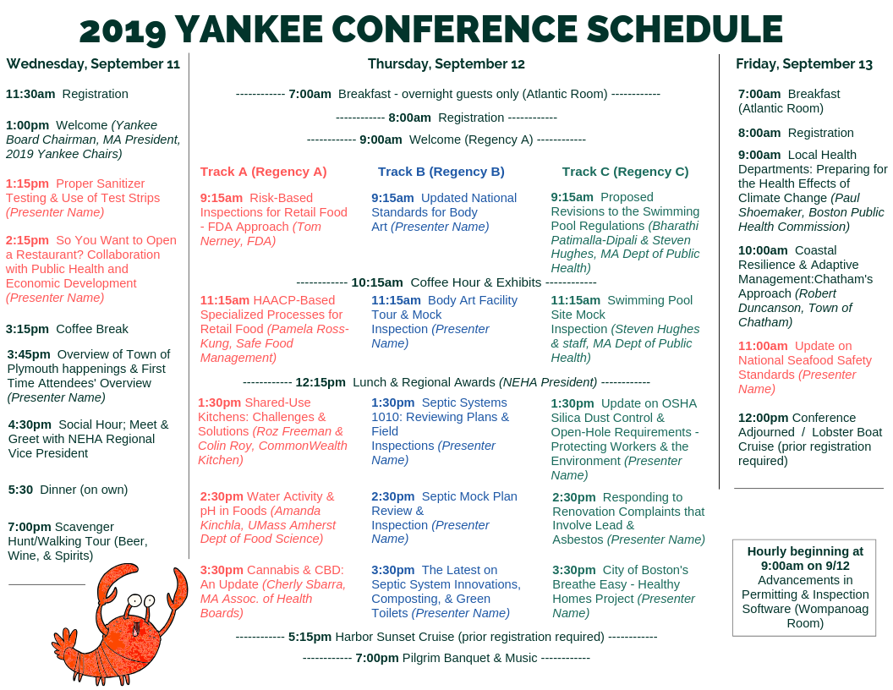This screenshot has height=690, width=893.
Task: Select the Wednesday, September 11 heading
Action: [93, 63]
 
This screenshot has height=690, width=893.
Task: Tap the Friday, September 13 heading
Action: [803, 63]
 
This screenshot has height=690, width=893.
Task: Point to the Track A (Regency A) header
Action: [263, 172]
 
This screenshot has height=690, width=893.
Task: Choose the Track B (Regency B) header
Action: [441, 172]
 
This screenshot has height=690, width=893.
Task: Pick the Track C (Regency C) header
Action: [625, 172]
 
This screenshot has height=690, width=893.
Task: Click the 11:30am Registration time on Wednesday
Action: [30, 94]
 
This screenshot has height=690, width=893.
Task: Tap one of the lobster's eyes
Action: [134, 601]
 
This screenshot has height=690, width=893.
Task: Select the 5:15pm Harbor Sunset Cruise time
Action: [310, 636]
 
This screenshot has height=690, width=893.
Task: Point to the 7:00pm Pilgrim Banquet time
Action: [376, 657]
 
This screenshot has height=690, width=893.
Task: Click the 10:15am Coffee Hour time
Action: [376, 282]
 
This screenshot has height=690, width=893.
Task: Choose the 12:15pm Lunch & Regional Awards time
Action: [320, 382]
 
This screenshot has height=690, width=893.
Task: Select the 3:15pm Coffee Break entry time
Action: [27, 329]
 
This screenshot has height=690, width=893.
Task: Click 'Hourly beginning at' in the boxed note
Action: [803, 551]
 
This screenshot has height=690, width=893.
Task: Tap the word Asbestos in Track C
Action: [578, 539]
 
